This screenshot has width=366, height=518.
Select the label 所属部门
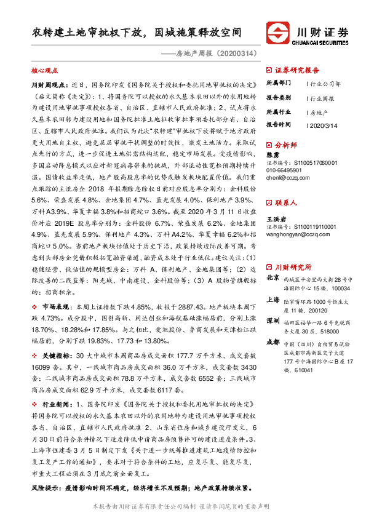[278, 82]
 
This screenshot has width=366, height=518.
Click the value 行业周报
[322, 97]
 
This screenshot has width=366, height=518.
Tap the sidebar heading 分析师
[286, 145]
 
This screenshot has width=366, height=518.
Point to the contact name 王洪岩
[276, 218]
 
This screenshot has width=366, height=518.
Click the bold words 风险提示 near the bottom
[46, 487]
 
